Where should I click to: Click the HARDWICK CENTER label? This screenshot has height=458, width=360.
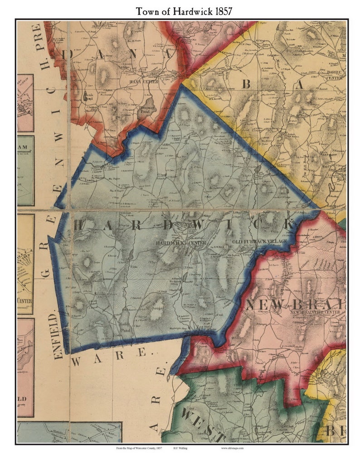[x=181, y=243]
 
